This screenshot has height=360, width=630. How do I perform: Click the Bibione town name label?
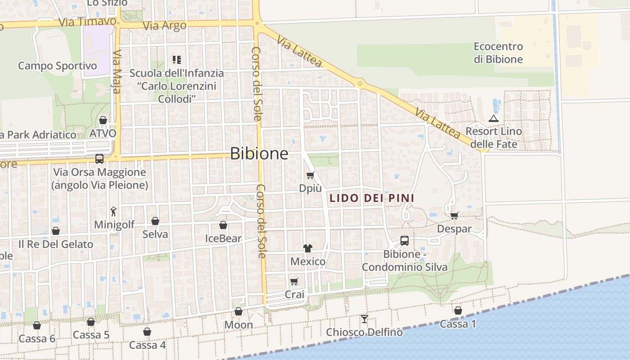[259, 153]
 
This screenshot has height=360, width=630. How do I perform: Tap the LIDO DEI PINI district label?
[372, 198]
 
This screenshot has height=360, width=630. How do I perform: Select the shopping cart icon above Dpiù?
[310, 175]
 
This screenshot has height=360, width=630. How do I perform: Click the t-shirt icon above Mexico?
[308, 248]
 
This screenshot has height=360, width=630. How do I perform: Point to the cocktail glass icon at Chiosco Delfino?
[364, 319]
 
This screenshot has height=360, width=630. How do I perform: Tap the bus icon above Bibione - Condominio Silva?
[405, 241]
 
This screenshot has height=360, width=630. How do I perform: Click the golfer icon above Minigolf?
[114, 211]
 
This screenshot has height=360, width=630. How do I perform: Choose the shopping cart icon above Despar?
[454, 216]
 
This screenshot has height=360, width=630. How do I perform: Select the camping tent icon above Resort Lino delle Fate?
[494, 119]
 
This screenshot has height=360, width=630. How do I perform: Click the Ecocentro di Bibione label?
[498, 53]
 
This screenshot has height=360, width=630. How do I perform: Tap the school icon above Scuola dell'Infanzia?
[177, 59]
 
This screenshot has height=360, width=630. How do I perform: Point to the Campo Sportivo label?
[57, 66]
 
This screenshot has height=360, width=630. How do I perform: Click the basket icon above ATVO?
[103, 120]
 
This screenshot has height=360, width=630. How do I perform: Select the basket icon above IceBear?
[223, 225]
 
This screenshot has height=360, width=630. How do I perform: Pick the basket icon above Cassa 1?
[458, 310]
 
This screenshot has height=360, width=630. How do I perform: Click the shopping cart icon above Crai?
[294, 281]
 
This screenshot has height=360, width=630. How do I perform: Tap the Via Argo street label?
[165, 26]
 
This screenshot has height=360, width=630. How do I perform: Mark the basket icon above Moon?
[238, 311]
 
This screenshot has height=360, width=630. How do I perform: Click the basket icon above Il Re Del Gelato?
[56, 231]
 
